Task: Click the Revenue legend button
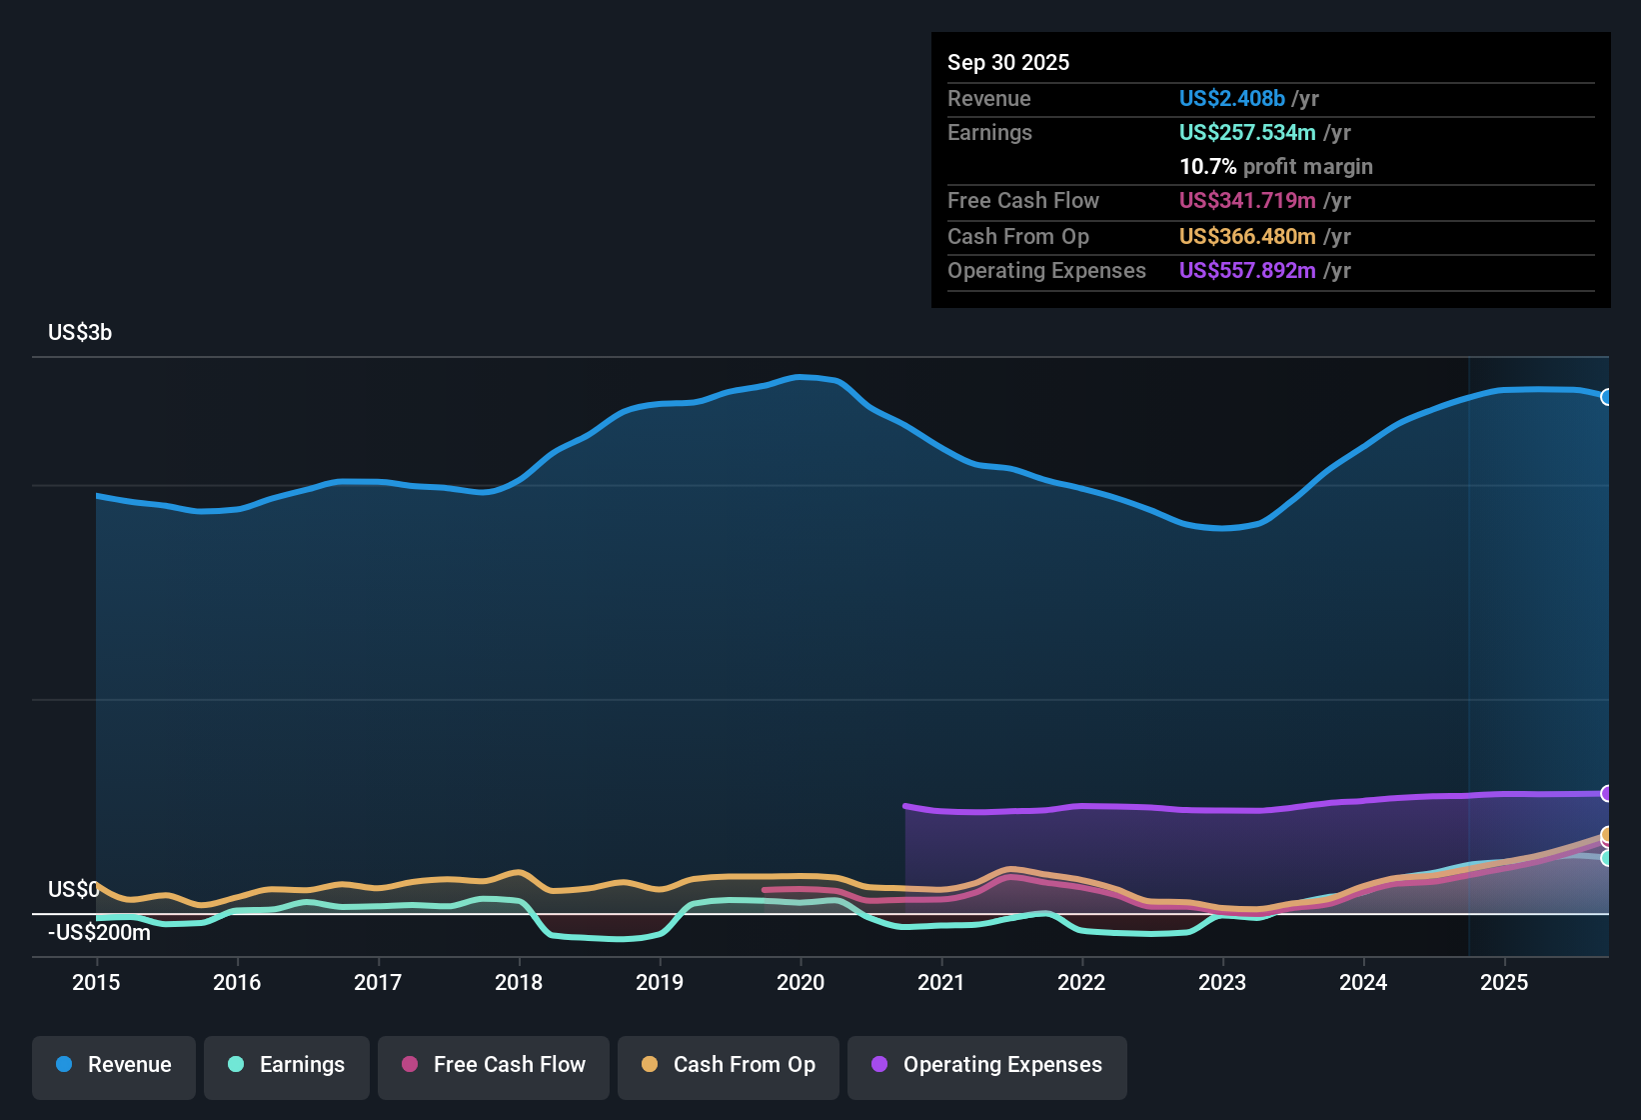[114, 1065]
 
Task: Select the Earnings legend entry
[287, 1065]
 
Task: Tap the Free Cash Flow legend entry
[494, 1065]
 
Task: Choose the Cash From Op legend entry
[729, 1065]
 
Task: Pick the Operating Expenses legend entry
[987, 1065]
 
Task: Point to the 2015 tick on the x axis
[96, 982]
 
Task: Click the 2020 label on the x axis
[801, 982]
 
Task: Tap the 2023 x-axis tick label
[1222, 982]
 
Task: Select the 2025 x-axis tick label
[1504, 982]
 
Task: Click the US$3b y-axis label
[80, 333]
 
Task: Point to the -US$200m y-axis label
[99, 932]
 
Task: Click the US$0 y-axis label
[73, 889]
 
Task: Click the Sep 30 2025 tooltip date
[1008, 62]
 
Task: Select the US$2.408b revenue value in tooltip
[1231, 98]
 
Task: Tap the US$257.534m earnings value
[1246, 132]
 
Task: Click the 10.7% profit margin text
[1275, 166]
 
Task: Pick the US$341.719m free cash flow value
[1246, 200]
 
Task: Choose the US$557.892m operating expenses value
[1246, 270]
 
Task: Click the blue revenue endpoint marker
[1606, 397]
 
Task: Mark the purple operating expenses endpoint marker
[1606, 794]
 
